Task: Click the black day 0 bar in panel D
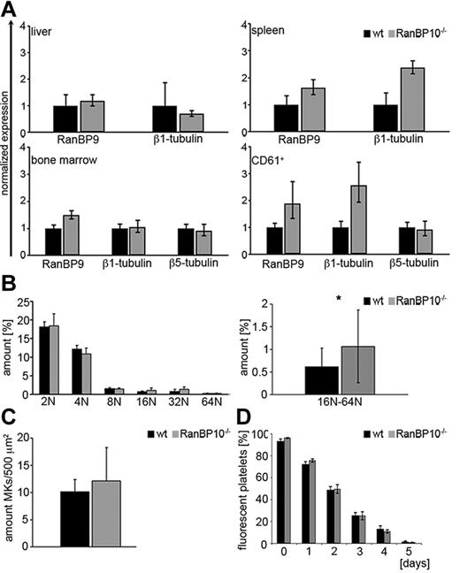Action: (279, 491)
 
